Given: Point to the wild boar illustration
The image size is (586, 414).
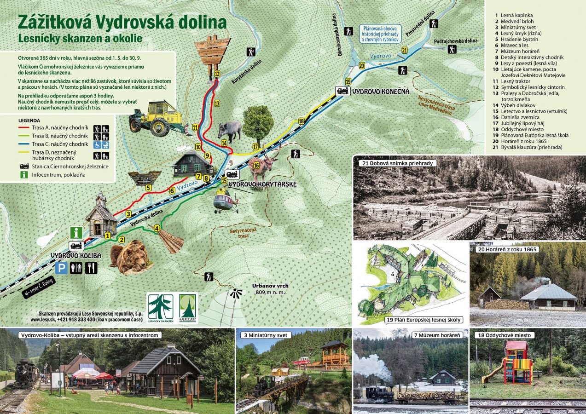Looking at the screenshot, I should (x=230, y=131).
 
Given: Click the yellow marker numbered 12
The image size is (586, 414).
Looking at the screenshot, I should (x=217, y=74).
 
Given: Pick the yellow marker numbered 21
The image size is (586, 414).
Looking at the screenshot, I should (x=404, y=50).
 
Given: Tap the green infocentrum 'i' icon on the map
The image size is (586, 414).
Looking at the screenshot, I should (x=76, y=232).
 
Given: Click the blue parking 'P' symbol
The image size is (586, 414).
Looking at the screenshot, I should (x=61, y=268).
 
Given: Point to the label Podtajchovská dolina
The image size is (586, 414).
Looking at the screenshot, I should (x=455, y=41).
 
